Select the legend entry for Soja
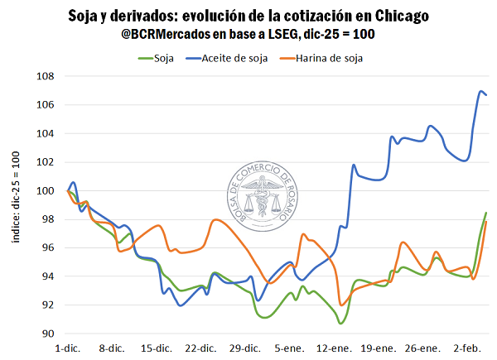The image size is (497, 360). pos(158,58)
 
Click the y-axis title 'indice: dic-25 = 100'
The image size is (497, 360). pos(16,197)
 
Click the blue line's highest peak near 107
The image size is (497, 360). pos(482,91)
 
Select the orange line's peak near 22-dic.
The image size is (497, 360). pos(215,219)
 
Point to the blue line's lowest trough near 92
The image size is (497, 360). pos(181,305)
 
